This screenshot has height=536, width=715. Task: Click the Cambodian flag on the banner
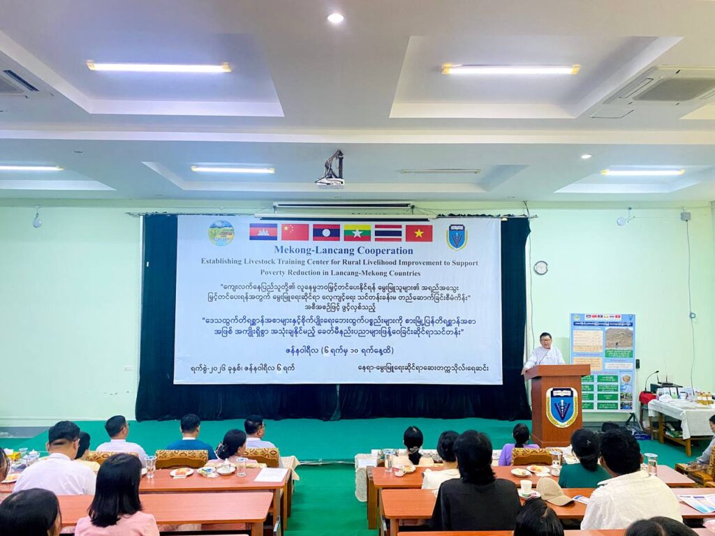263,232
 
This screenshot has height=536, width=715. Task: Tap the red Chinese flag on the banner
295,232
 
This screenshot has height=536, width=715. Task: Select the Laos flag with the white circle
326,232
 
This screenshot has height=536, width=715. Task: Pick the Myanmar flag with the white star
357,232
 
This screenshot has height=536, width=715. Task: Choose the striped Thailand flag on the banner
388,232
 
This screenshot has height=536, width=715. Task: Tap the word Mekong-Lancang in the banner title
309,250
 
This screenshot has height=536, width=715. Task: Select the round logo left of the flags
221,232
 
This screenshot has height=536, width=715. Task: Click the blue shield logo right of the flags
457,237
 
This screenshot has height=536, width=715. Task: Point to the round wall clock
540,267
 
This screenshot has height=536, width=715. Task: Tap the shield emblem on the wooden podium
561,407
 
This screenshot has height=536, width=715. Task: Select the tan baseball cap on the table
552,491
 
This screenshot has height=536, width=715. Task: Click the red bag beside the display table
647,398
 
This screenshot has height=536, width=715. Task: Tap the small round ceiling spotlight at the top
335,18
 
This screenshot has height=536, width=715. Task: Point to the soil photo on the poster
619,339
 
